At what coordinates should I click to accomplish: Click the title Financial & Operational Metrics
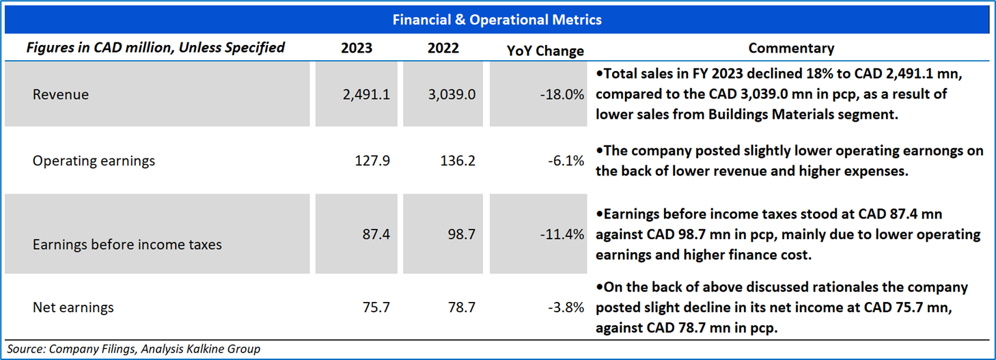[497, 20]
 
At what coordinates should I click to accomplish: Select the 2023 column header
[356, 49]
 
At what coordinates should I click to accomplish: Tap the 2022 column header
[443, 49]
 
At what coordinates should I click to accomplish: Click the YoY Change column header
[546, 51]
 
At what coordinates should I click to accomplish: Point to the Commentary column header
[791, 49]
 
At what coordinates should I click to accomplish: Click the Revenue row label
[61, 94]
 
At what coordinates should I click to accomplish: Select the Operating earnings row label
[94, 161]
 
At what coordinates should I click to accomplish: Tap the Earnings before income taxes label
[127, 244]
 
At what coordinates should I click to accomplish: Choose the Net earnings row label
[73, 307]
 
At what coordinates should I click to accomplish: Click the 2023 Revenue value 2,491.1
[366, 94]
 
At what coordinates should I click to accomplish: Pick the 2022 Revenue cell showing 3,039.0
[452, 94]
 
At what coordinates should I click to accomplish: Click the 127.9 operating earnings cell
[372, 161]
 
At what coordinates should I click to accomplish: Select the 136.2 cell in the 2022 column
[458, 161]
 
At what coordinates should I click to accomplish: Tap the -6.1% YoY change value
[566, 161]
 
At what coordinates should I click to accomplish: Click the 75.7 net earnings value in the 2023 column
[376, 307]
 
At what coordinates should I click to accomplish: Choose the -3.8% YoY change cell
[566, 307]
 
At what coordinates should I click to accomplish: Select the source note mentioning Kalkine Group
[134, 349]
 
